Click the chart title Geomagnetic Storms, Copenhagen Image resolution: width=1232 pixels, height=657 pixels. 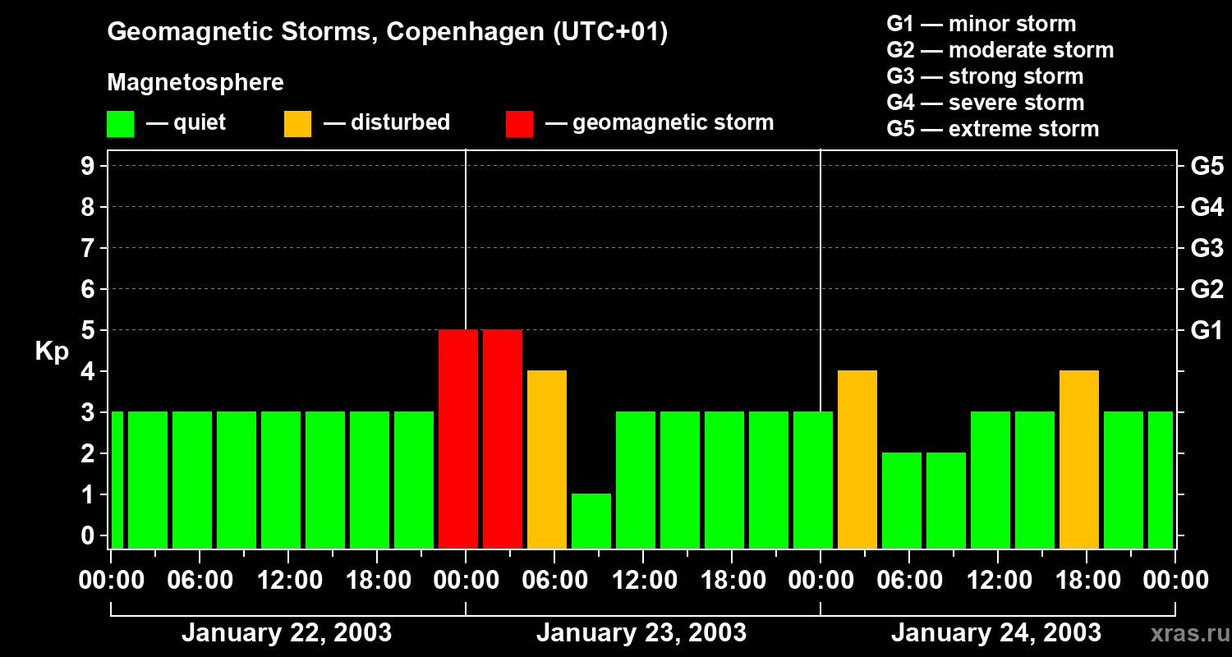pyautogui.click(x=387, y=32)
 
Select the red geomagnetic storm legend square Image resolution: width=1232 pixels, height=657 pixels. pyautogui.click(x=519, y=123)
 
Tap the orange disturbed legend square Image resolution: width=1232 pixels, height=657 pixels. pyautogui.click(x=297, y=123)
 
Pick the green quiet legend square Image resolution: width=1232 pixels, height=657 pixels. pyautogui.click(x=120, y=123)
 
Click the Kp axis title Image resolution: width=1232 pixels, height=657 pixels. pyautogui.click(x=52, y=351)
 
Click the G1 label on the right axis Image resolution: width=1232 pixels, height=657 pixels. pyautogui.click(x=1207, y=331)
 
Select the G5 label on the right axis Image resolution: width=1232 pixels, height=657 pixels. pyautogui.click(x=1207, y=167)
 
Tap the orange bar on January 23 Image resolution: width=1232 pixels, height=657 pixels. pyautogui.click(x=547, y=459)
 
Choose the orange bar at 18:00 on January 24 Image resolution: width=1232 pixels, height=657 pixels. pyautogui.click(x=1079, y=459)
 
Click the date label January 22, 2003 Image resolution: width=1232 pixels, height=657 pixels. pyautogui.click(x=287, y=633)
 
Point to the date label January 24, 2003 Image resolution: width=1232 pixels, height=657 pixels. pyautogui.click(x=996, y=633)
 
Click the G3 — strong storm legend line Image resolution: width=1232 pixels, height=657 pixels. pyautogui.click(x=985, y=76)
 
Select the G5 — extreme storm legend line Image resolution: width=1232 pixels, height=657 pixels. pyautogui.click(x=992, y=129)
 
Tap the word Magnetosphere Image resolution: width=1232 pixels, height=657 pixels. pyautogui.click(x=195, y=83)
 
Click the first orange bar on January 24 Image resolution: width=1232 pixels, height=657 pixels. pyautogui.click(x=857, y=459)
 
